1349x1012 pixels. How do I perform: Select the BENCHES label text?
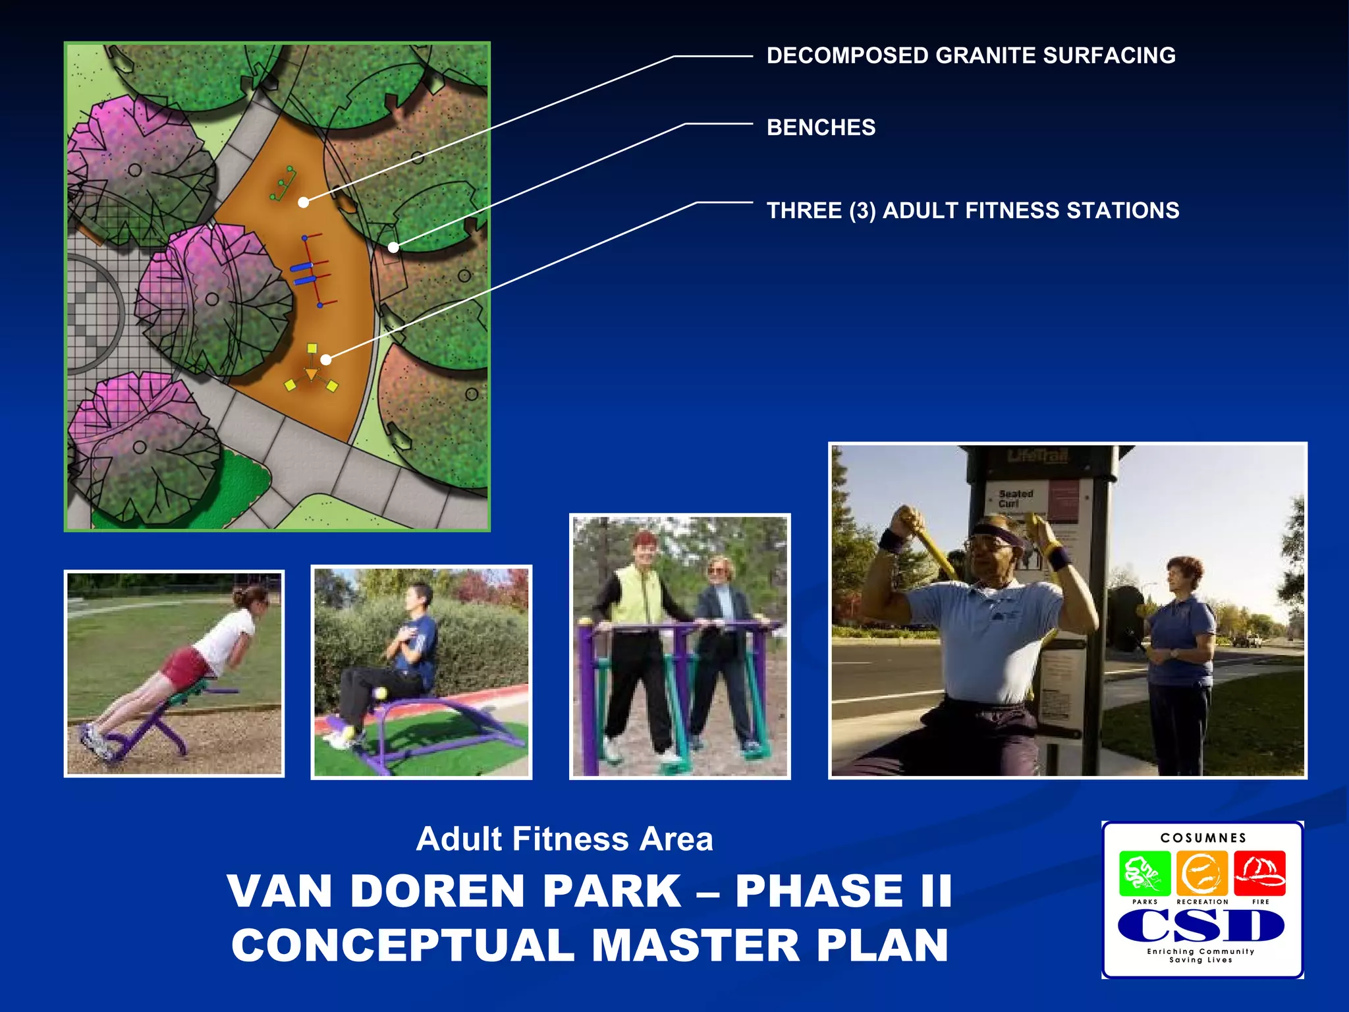pyautogui.click(x=821, y=127)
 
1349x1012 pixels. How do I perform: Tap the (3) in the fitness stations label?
pyautogui.click(x=862, y=211)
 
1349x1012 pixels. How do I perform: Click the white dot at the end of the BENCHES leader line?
pyautogui.click(x=393, y=248)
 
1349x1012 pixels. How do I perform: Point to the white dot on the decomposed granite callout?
pyautogui.click(x=303, y=202)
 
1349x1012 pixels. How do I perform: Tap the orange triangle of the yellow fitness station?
pyautogui.click(x=311, y=374)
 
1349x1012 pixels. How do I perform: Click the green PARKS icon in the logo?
pyautogui.click(x=1144, y=873)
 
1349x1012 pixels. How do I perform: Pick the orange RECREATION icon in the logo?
pyautogui.click(x=1201, y=873)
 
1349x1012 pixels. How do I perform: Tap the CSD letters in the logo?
pyautogui.click(x=1201, y=926)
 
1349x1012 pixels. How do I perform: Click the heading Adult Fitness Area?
pyautogui.click(x=564, y=839)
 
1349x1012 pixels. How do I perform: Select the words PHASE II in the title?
pyautogui.click(x=843, y=891)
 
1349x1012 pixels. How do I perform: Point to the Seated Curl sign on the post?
pyautogui.click(x=1015, y=499)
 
